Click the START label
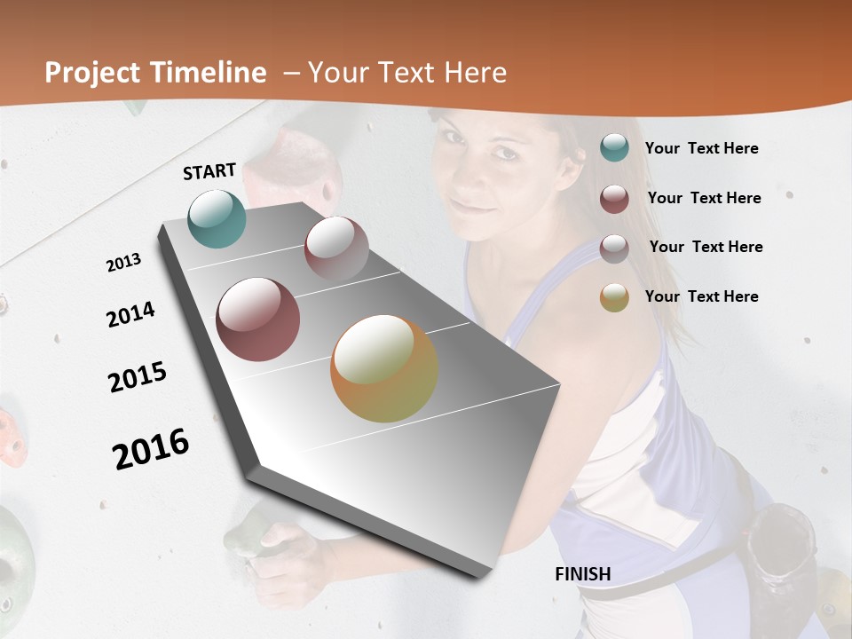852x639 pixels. [209, 170]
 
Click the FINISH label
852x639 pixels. [583, 573]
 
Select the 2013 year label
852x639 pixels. [123, 263]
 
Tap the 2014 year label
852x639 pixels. [130, 314]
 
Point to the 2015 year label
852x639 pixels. [138, 377]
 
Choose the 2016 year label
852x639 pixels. [151, 449]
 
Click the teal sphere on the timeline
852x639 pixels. [217, 218]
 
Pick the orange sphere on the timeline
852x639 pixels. [384, 368]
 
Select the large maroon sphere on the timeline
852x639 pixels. [258, 319]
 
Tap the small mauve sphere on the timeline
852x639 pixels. [336, 248]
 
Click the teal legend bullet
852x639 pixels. [614, 148]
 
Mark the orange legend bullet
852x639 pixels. [614, 297]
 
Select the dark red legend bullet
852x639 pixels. [614, 199]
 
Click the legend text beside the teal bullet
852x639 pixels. [701, 148]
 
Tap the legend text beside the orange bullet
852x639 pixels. [701, 296]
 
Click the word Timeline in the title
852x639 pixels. [209, 73]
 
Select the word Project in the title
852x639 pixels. [92, 73]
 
